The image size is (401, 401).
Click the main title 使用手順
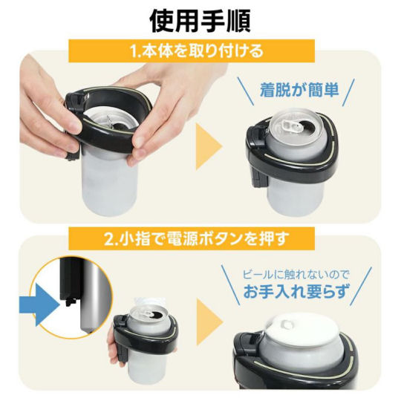pos(200,22)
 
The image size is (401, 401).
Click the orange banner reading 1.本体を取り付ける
pos(192,51)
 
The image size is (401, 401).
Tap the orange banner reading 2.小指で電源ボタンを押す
pos(192,238)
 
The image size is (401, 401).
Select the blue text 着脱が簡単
pos(299,90)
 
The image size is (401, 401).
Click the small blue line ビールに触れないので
pos(296,275)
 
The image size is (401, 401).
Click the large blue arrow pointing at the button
pos(39,304)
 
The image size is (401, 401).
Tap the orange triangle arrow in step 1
pos(209,146)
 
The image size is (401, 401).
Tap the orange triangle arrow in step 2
pos(209,322)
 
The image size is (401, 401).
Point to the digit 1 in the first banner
pos(134,51)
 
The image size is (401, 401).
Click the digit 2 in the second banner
pos(108,239)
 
